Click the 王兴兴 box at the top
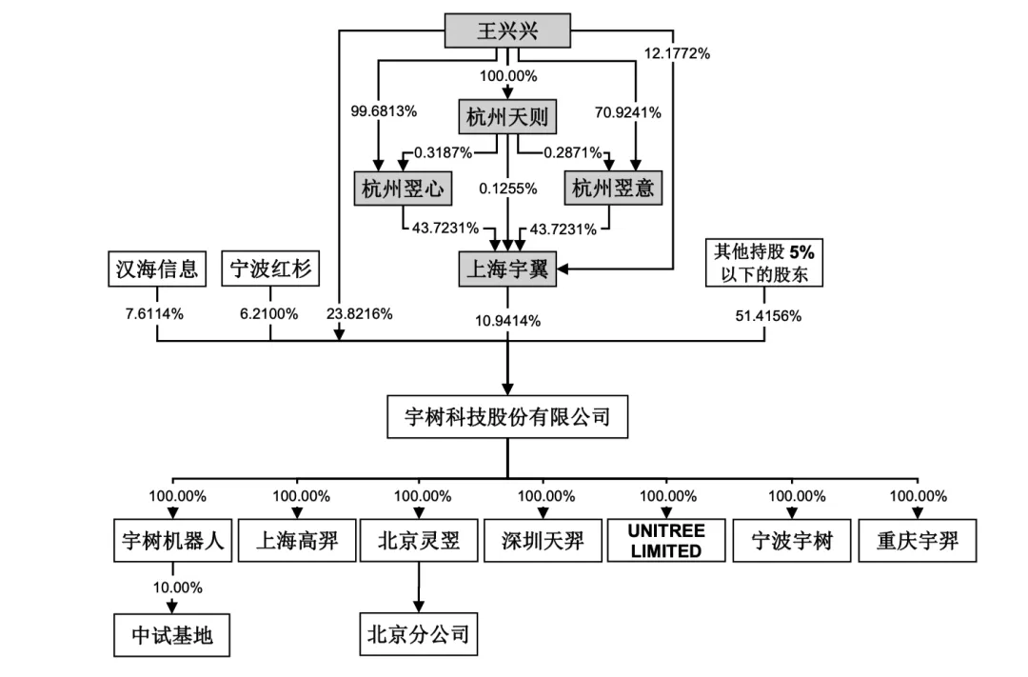coord(507,31)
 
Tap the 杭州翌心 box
coord(403,189)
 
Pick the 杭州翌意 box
coord(613,189)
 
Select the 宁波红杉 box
coord(270,269)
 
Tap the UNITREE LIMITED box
coord(666,543)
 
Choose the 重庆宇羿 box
coord(918,543)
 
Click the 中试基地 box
coord(172,636)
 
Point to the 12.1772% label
coord(677,53)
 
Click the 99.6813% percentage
coord(384,111)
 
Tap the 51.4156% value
coord(764,314)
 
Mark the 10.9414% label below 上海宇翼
coord(507,320)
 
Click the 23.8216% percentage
coord(359,313)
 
